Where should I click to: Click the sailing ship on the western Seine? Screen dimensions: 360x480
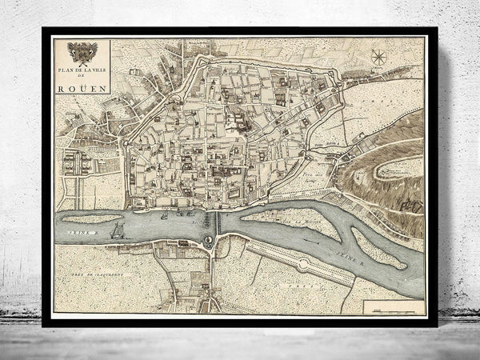[x=118, y=231]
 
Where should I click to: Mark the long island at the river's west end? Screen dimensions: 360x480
[x=93, y=218]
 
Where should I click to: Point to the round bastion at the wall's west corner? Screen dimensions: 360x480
[x=129, y=142]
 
